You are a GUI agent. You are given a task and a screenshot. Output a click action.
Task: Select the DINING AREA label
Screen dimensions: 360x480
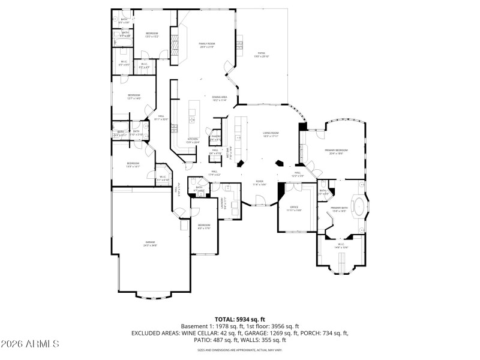(x=219, y=98)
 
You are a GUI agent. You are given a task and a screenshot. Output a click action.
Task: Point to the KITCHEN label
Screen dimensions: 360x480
(x=193, y=140)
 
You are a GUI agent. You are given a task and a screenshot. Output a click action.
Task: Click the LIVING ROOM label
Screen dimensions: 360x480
(x=271, y=134)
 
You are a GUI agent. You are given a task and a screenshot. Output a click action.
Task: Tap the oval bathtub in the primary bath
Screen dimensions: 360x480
(x=359, y=207)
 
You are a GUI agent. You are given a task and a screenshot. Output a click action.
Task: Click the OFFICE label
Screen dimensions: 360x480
(x=294, y=208)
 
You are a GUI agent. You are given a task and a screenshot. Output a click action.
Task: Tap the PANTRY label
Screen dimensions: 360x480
(x=216, y=137)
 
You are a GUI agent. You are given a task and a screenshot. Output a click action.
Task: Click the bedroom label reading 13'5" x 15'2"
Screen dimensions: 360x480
(x=152, y=35)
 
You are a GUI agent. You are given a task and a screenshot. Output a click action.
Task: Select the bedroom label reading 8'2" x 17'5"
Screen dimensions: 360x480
(x=204, y=226)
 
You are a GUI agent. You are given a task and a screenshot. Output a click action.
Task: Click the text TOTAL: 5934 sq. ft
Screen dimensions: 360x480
(x=239, y=319)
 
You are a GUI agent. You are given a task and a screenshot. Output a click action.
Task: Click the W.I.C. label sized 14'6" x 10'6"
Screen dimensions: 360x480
(x=340, y=245)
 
